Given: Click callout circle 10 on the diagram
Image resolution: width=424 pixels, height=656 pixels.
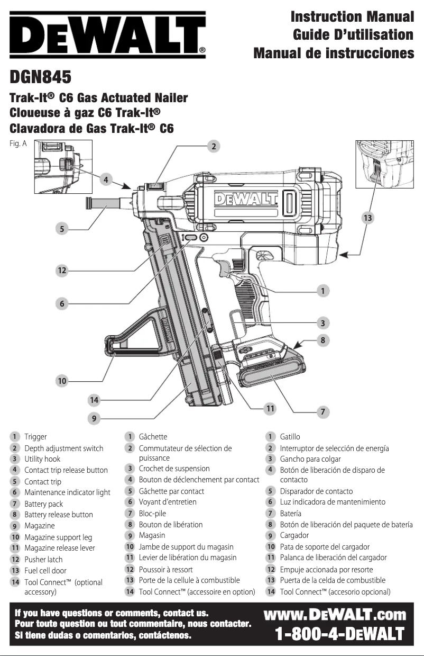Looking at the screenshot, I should tap(62, 380).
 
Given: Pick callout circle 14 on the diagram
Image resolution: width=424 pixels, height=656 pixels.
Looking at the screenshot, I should tap(95, 400).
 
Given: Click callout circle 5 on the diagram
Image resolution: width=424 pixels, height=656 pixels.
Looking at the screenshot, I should tap(62, 229).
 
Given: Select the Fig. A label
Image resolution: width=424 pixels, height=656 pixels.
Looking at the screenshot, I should tap(18, 143).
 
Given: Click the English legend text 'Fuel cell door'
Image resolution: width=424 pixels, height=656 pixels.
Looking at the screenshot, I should tap(45, 570).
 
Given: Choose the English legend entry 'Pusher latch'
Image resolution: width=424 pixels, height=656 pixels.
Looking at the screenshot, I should tap(43, 559).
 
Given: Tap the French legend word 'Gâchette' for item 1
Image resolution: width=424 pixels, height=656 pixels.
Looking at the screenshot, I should tap(153, 437).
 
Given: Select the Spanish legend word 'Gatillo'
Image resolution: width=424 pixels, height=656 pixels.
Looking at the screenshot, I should tap(290, 437).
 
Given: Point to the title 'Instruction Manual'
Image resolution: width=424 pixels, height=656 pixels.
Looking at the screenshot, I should tap(352, 16).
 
